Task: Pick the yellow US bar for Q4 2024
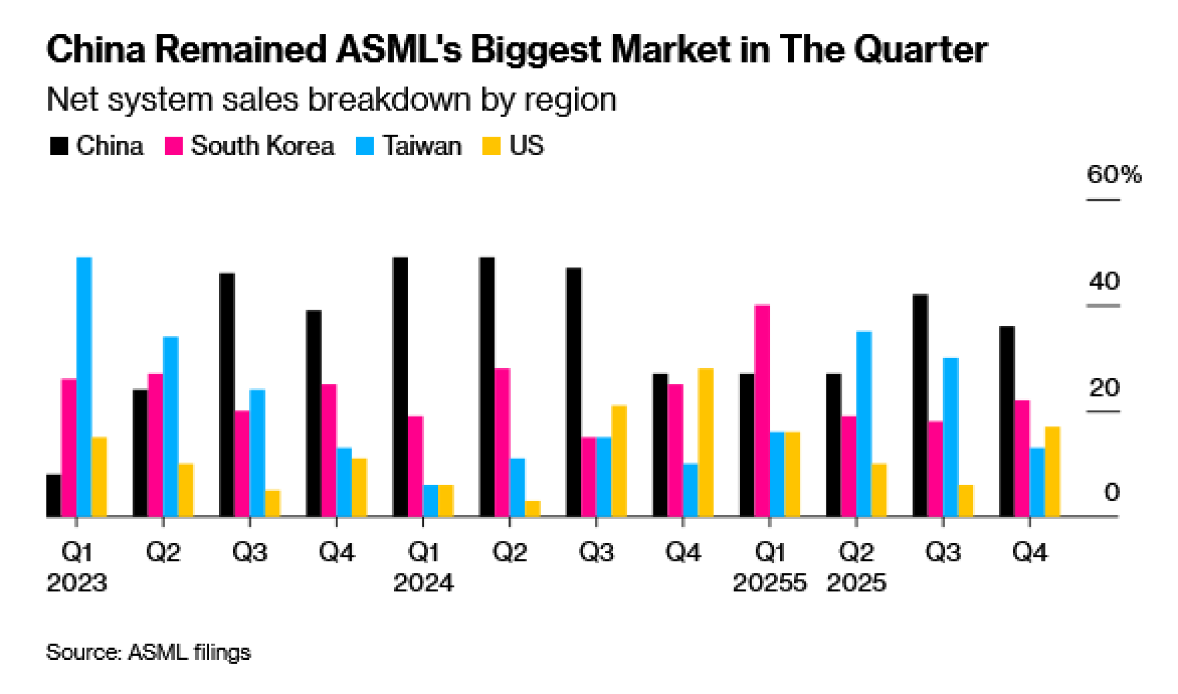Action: tap(706, 442)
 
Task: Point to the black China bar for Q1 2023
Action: tap(54, 495)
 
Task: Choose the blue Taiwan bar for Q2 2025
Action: tap(864, 424)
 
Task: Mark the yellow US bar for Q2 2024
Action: tap(532, 509)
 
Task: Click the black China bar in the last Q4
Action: tap(1007, 421)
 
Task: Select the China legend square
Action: tap(59, 146)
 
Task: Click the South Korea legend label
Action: tap(262, 146)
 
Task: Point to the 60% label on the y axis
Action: tap(1114, 174)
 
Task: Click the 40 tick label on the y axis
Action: tap(1104, 282)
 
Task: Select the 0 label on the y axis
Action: tap(1111, 493)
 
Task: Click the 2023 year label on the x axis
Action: tap(77, 583)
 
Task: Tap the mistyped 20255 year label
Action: tap(769, 583)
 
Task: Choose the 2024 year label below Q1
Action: tap(423, 583)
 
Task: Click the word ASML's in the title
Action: tap(398, 49)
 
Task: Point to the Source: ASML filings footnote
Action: tap(148, 652)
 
